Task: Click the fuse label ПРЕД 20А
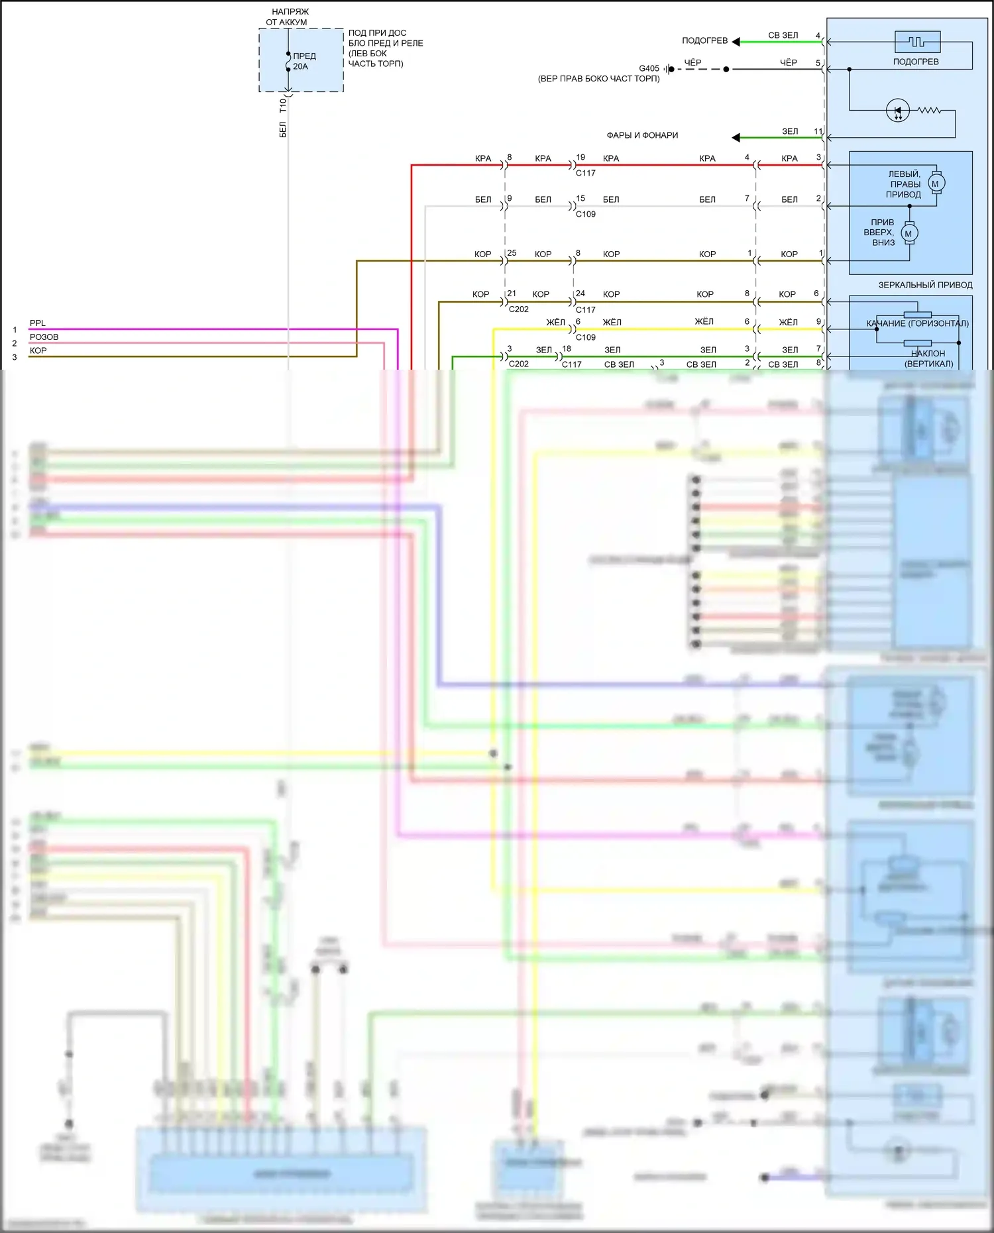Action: (304, 61)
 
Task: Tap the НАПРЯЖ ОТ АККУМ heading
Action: (288, 17)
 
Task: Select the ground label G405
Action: (649, 68)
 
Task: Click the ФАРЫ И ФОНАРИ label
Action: (642, 135)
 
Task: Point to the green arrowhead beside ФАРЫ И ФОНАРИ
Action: (736, 137)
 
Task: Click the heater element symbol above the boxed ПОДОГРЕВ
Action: (917, 42)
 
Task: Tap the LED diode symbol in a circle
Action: (898, 111)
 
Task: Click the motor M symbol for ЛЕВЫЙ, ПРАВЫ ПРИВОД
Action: (936, 184)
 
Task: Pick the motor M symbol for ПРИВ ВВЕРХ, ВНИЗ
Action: (909, 233)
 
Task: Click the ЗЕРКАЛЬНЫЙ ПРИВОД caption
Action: (925, 285)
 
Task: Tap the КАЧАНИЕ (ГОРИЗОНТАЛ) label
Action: (917, 323)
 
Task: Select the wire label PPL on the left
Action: (38, 323)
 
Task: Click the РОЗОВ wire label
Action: (44, 337)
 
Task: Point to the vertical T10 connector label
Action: (283, 105)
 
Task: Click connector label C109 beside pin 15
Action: (586, 214)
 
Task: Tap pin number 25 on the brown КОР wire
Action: (512, 253)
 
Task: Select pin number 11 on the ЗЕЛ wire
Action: (818, 131)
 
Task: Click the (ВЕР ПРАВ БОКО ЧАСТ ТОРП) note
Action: (598, 79)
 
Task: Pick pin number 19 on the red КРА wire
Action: (580, 158)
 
